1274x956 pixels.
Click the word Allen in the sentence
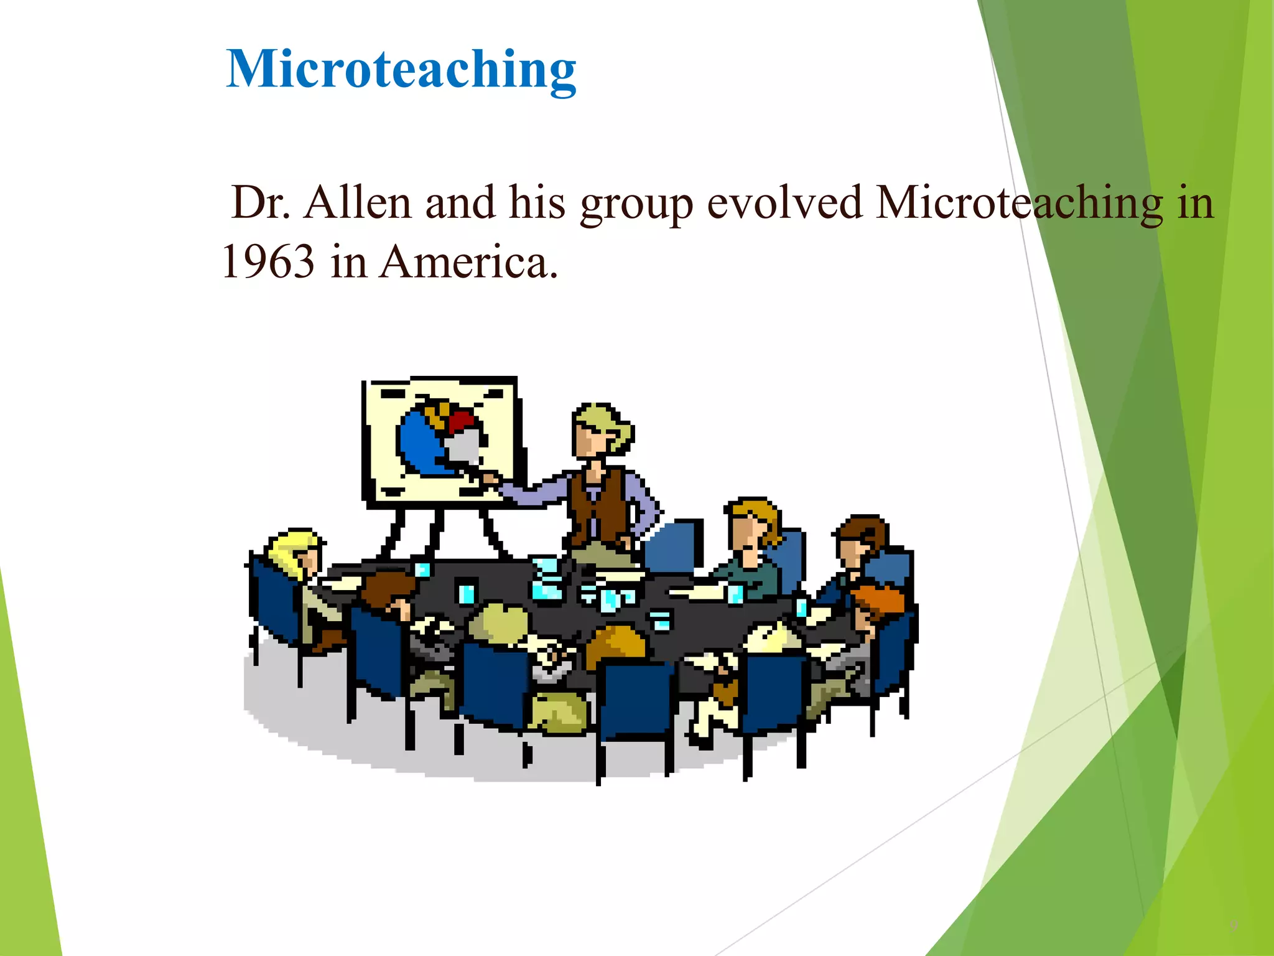pos(357,203)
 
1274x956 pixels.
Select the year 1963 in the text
pos(268,261)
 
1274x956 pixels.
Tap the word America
pos(468,261)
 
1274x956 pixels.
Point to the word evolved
pos(784,203)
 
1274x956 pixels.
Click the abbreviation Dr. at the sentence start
pos(260,203)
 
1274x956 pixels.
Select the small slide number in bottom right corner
pos(1234,926)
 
